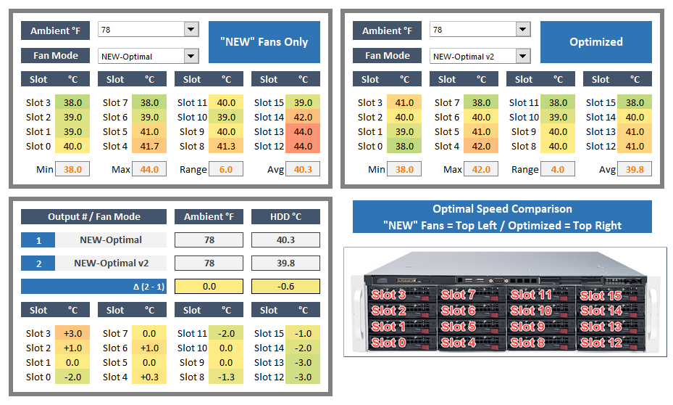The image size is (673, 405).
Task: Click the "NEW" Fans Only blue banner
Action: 264,42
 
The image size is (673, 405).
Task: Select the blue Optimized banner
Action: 595,42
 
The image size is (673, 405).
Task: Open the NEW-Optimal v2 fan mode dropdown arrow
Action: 523,56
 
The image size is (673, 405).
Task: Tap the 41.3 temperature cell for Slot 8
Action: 226,146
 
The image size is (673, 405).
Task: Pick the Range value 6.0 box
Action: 226,169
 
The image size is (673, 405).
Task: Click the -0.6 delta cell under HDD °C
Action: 285,286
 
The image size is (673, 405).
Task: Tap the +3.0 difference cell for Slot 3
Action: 73,333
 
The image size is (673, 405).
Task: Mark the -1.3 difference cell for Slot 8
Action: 226,377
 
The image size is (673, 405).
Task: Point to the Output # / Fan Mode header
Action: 94,216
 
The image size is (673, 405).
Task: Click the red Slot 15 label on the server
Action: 601,295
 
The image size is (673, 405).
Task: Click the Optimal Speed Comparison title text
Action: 502,209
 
